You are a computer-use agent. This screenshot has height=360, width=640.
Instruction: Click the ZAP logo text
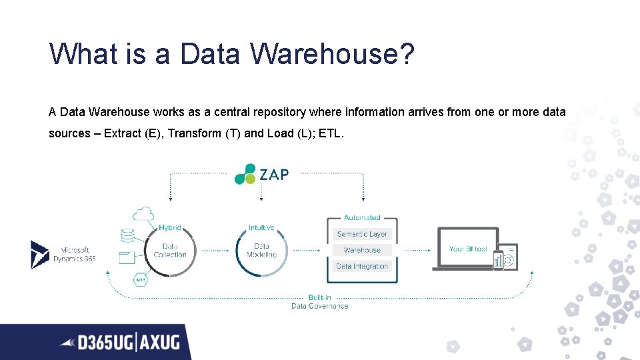(x=274, y=175)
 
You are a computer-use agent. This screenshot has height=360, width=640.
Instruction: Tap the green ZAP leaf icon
(x=245, y=173)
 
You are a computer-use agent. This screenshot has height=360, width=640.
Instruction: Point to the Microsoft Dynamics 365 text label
(x=75, y=255)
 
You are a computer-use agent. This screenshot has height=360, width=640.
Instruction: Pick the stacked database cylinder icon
(x=127, y=236)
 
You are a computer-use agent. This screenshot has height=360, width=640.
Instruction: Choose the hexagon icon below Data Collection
(x=141, y=280)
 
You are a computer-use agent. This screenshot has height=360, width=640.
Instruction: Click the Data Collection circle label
(x=170, y=251)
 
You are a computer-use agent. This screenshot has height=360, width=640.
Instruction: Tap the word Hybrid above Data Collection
(x=170, y=228)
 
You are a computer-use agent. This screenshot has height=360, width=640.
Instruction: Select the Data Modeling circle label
(x=261, y=251)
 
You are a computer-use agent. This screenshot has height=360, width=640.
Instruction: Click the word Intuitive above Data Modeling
(x=261, y=228)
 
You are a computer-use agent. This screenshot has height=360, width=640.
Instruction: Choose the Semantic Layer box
(x=362, y=234)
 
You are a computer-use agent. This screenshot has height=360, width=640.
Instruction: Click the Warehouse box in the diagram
(x=362, y=250)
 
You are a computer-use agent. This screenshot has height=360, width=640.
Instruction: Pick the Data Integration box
(x=362, y=266)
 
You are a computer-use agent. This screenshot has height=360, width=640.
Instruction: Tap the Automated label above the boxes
(x=362, y=217)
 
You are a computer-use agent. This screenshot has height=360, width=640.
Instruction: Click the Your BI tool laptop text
(x=468, y=249)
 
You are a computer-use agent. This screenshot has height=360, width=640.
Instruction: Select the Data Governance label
(x=319, y=306)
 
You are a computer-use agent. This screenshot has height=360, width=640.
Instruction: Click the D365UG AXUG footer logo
(x=120, y=343)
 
